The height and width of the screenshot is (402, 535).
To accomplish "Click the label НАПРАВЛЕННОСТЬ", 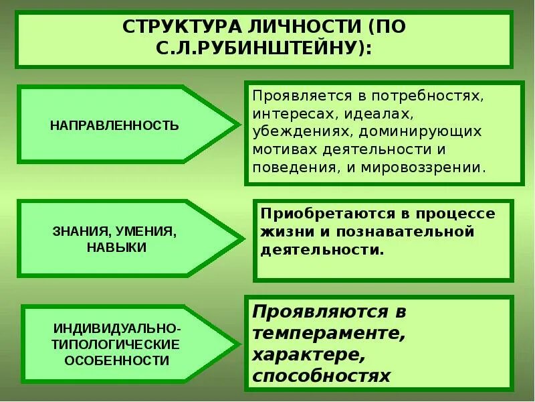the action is pyautogui.click(x=115, y=125).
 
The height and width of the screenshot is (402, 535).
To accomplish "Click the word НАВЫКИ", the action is pyautogui.click(x=116, y=247).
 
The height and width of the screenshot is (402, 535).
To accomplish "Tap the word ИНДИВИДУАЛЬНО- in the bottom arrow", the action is pyautogui.click(x=117, y=330).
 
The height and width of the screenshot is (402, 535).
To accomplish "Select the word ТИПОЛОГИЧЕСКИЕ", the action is pyautogui.click(x=117, y=345).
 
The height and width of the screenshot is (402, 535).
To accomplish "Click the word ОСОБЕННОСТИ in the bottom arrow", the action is pyautogui.click(x=117, y=360).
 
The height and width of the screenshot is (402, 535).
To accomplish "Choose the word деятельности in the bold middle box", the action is pyautogui.click(x=321, y=250).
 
